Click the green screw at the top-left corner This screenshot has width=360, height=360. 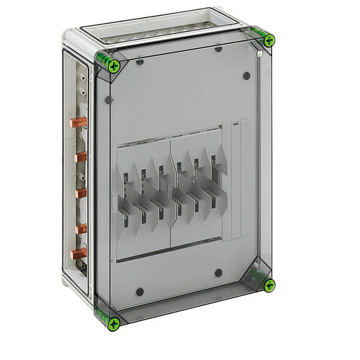coord(113,66)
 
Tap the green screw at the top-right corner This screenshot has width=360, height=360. coord(268,40)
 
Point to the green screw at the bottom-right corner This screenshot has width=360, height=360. coord(269,284)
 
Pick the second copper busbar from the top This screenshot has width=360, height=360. coord(81,156)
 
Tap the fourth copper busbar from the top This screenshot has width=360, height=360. coord(81,228)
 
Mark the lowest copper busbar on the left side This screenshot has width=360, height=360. coord(80,253)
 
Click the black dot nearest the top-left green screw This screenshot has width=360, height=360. coord(139,62)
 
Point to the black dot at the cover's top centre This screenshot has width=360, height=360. coord(218,50)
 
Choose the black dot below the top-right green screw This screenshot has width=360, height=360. coord(247,76)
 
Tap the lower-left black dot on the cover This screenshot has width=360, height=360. coord(139,292)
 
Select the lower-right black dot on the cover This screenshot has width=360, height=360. coord(218,272)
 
